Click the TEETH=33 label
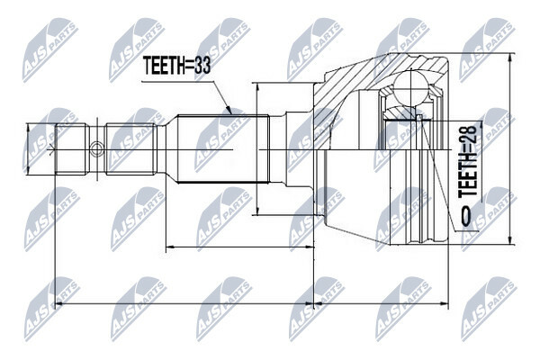coord(176,66)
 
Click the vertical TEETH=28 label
coord(468,161)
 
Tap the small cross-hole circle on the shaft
coord(96,148)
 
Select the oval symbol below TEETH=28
coord(465,217)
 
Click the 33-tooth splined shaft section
coord(222,148)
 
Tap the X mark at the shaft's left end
coord(51,148)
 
